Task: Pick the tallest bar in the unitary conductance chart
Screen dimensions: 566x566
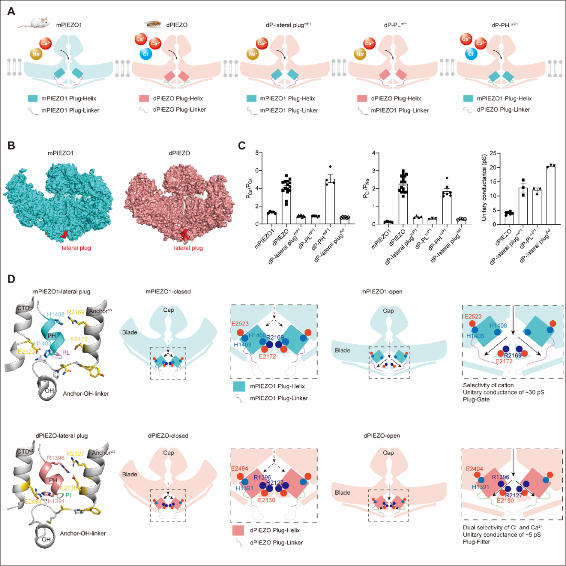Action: point(550,195)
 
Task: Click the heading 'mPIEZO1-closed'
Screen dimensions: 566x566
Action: point(165,288)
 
